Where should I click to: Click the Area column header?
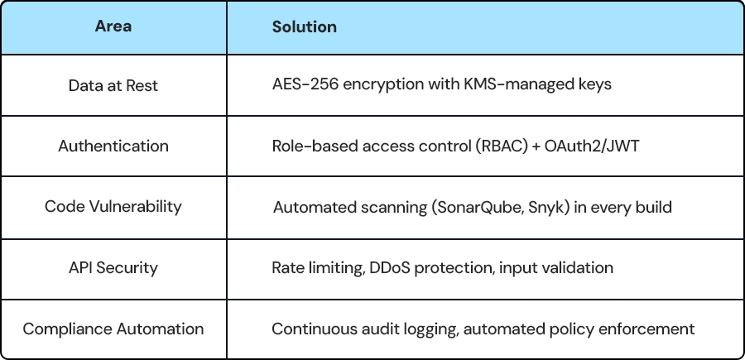[113, 26]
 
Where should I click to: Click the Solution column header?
[304, 26]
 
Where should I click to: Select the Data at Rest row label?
[113, 85]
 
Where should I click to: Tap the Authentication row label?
[113, 146]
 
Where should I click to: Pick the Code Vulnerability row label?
[113, 207]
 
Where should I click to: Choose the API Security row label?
[113, 268]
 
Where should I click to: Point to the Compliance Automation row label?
[113, 329]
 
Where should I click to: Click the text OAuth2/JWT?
[592, 146]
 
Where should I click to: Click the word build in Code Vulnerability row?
[654, 207]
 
